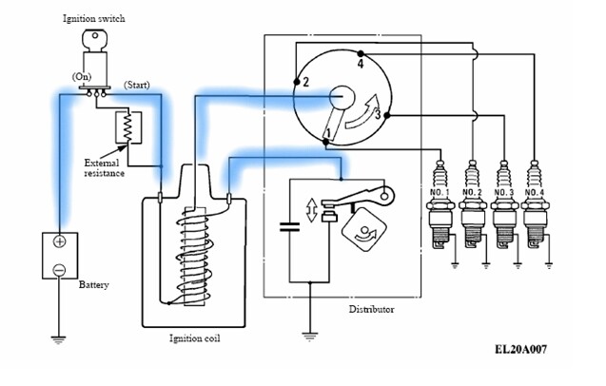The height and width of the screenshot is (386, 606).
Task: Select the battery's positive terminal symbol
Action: tap(59, 241)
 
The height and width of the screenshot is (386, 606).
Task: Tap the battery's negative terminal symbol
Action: tap(59, 269)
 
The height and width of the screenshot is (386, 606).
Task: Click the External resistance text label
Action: tap(102, 168)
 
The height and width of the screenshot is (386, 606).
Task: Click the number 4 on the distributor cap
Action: tap(360, 65)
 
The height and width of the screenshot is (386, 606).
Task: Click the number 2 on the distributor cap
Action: tap(305, 82)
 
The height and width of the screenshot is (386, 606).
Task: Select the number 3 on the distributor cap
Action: tap(377, 115)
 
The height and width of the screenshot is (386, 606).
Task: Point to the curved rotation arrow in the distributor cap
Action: tap(358, 108)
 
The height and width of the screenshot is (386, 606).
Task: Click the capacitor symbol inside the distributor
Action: tap(286, 227)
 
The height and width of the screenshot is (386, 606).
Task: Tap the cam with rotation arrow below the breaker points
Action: tap(359, 227)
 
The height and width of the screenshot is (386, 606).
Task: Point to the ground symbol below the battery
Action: tap(59, 336)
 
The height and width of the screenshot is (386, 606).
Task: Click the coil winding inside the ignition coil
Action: tap(192, 252)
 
